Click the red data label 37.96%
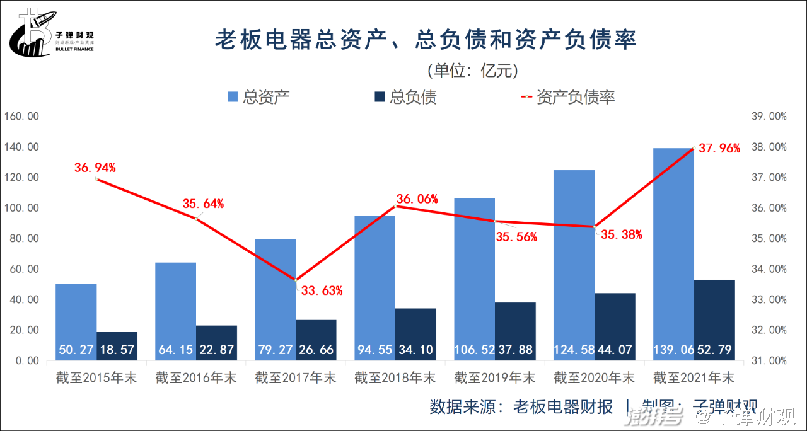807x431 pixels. click(719, 149)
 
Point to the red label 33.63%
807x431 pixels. click(322, 290)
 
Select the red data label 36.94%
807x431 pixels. click(95, 168)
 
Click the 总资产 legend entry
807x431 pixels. click(258, 97)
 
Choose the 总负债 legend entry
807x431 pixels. click(405, 97)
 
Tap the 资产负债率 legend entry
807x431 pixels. click(567, 97)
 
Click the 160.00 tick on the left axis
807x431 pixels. click(21, 117)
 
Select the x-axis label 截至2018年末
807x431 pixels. click(395, 378)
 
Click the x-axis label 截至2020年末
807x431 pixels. click(594, 378)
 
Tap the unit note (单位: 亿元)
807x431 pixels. click(472, 70)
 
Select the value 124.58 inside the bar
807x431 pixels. click(574, 349)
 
